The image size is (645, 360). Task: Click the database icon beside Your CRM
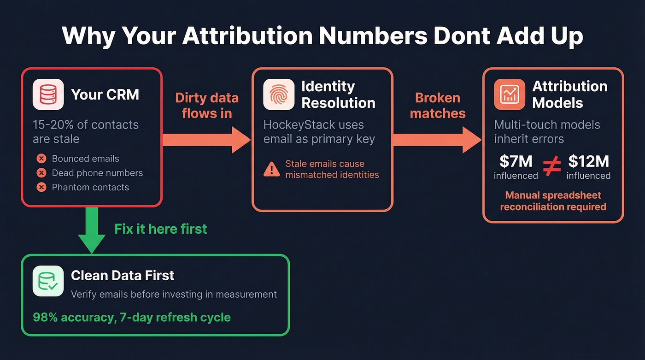click(x=48, y=94)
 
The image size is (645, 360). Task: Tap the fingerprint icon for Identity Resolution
click(x=278, y=94)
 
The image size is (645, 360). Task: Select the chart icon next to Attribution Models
click(x=509, y=94)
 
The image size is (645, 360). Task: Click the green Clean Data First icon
click(x=48, y=281)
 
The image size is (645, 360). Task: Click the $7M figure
click(x=516, y=161)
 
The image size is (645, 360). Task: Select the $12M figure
click(x=588, y=161)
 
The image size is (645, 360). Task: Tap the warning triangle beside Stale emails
click(x=271, y=170)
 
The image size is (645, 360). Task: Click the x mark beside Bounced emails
click(x=41, y=159)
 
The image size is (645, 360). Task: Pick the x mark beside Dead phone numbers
click(x=41, y=173)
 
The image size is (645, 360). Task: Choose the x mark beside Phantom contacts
click(x=41, y=188)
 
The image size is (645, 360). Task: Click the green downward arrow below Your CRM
click(x=92, y=230)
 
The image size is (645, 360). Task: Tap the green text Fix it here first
click(x=161, y=229)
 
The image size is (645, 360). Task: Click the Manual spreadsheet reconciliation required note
click(x=553, y=201)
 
